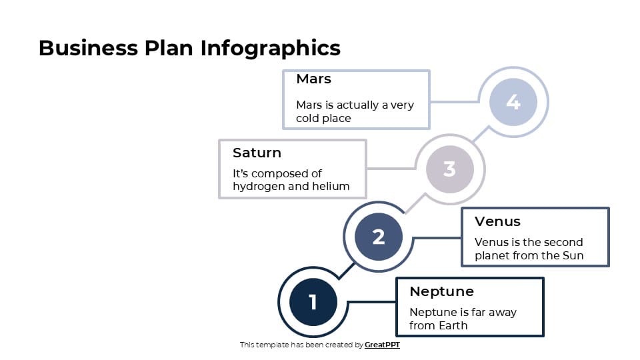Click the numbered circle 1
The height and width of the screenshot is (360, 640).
click(x=313, y=302)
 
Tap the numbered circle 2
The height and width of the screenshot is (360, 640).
click(x=379, y=237)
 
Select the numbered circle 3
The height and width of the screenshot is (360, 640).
click(x=449, y=169)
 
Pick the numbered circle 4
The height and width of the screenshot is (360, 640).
click(x=513, y=102)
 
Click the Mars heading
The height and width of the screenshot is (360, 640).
click(x=313, y=79)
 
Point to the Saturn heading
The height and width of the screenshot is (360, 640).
click(x=257, y=153)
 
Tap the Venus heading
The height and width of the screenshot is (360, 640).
click(x=497, y=221)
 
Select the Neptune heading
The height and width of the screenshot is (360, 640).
click(x=441, y=291)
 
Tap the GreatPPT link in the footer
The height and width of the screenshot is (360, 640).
click(x=382, y=345)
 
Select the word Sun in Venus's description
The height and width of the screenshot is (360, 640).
click(x=573, y=256)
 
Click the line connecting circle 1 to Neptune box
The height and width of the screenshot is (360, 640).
click(x=372, y=302)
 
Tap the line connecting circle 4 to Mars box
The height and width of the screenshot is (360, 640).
click(x=455, y=102)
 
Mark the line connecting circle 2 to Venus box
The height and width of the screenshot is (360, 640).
click(x=437, y=237)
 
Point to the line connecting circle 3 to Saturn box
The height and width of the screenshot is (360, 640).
click(x=391, y=169)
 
